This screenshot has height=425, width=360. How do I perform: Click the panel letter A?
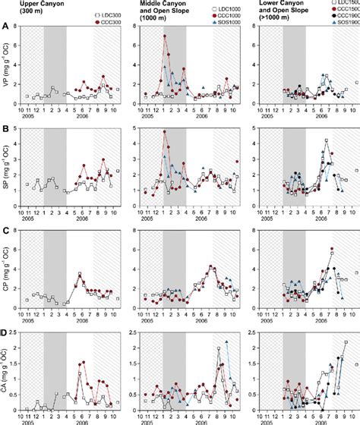tap(5, 26)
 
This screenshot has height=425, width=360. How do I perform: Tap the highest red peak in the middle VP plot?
tap(163, 35)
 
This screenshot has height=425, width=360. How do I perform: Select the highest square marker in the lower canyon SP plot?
tap(327, 140)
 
